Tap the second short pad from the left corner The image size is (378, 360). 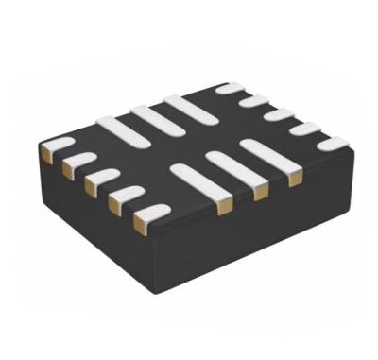79,161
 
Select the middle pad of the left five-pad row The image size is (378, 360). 102,177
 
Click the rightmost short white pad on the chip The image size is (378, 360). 333,144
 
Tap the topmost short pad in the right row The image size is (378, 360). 230,89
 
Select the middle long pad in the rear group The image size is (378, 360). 151,117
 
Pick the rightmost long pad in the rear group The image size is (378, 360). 184,106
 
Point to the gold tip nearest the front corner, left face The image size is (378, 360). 139,223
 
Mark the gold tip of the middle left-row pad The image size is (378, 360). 90,185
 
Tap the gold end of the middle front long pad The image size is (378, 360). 256,193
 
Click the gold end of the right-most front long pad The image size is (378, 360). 296,178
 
